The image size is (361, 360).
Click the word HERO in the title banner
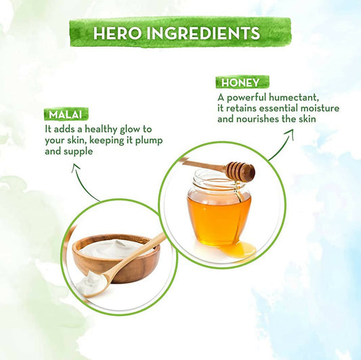pos(117,33)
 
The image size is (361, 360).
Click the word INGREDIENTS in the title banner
pos(203,33)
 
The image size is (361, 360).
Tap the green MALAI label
pos(66,114)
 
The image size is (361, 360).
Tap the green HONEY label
pos(242,83)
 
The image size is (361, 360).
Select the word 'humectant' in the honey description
pos(294,97)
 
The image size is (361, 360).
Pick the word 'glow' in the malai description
pos(130,129)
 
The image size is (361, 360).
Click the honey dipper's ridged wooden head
pos(240,171)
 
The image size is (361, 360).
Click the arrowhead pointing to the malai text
pos(75,168)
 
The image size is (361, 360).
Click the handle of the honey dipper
pos(204,164)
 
